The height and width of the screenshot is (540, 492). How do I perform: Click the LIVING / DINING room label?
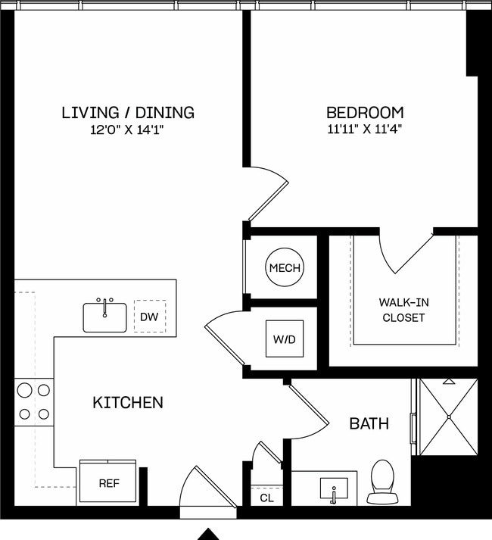click(x=127, y=113)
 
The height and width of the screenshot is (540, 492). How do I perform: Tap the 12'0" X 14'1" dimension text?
click(x=127, y=130)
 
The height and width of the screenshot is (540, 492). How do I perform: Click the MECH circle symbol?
click(x=284, y=267)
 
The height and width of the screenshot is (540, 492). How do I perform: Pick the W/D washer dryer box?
click(x=284, y=339)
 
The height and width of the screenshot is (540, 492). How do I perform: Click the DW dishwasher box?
click(x=149, y=317)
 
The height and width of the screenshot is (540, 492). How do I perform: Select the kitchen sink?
click(x=105, y=316)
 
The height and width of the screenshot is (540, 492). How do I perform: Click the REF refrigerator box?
click(x=107, y=482)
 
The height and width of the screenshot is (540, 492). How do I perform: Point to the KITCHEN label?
click(x=127, y=402)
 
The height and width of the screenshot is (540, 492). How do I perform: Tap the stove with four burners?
click(x=33, y=402)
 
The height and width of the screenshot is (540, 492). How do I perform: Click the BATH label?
click(x=369, y=423)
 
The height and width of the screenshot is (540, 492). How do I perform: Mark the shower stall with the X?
click(x=448, y=417)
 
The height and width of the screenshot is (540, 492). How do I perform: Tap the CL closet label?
click(x=266, y=498)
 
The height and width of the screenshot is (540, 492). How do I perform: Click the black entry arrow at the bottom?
click(x=208, y=534)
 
